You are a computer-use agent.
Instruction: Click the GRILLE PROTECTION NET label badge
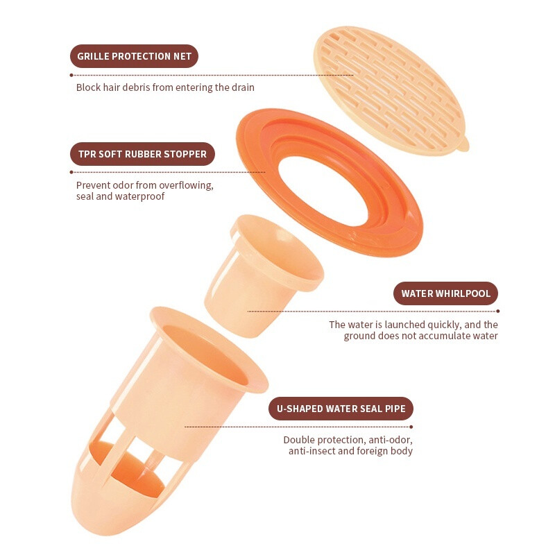click(x=134, y=56)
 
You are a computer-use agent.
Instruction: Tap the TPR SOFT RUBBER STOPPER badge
click(x=142, y=154)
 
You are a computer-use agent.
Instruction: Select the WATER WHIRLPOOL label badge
click(x=445, y=293)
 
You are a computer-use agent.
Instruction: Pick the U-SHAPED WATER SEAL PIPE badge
click(x=341, y=409)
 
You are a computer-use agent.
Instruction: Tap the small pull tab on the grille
click(x=464, y=144)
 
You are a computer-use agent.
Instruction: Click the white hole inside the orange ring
click(x=324, y=190)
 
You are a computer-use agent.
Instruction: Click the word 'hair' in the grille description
click(x=112, y=87)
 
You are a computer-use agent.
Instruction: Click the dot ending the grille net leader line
click(x=71, y=75)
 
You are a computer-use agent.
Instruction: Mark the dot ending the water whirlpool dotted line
click(x=498, y=311)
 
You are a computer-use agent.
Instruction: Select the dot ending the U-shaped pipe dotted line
click(x=411, y=427)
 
